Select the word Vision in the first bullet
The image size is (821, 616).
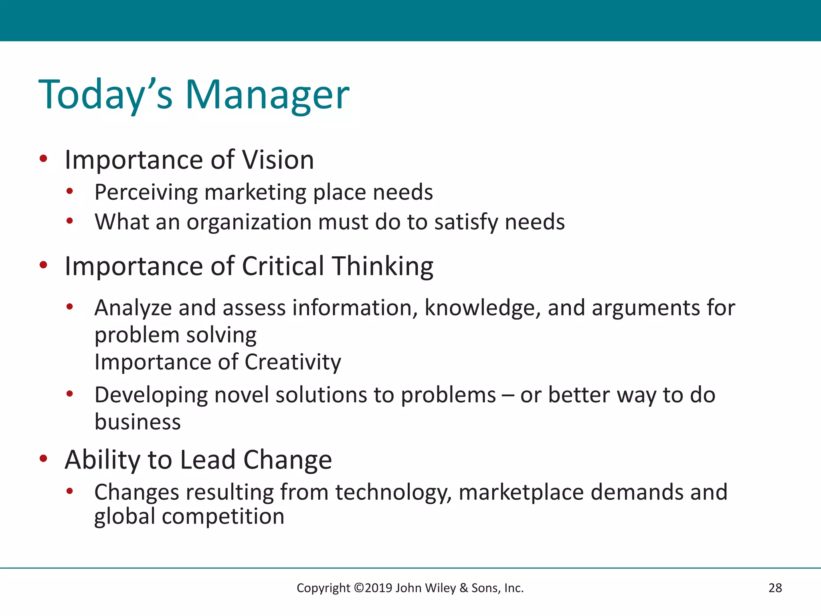click(278, 160)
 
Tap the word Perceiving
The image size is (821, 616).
click(146, 192)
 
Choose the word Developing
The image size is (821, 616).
click(151, 395)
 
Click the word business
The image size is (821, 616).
click(138, 422)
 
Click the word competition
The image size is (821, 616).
click(223, 516)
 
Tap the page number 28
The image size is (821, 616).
click(775, 588)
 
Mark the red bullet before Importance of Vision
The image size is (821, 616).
click(44, 158)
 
